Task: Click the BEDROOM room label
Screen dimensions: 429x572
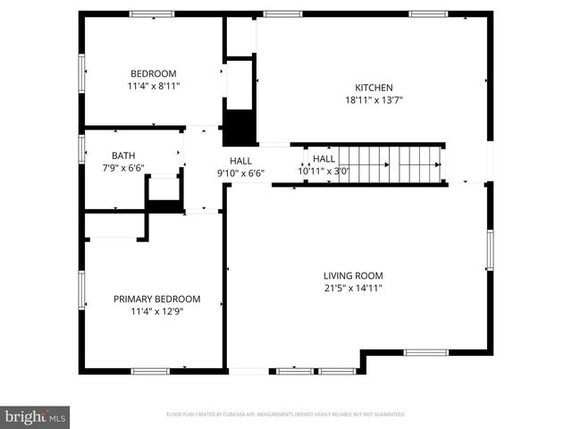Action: (x=153, y=73)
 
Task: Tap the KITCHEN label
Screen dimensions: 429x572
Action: (x=374, y=88)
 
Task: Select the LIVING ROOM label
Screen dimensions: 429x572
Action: (x=353, y=275)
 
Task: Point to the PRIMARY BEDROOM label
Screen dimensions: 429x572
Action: (x=156, y=299)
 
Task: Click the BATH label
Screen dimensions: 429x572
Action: (x=123, y=156)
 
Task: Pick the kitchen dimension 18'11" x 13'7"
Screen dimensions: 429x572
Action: (x=374, y=101)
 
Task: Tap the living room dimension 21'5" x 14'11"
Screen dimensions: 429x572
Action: (x=353, y=288)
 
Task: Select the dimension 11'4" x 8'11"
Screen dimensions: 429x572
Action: (x=153, y=87)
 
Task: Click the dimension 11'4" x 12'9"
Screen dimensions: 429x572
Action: (x=156, y=311)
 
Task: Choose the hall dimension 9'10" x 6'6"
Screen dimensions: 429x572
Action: (x=240, y=172)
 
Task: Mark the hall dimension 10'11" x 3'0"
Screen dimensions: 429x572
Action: (x=324, y=171)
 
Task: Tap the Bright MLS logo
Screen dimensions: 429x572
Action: (x=36, y=416)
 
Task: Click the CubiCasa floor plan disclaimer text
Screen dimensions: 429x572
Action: (x=286, y=415)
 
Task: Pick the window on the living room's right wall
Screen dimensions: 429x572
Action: (x=490, y=248)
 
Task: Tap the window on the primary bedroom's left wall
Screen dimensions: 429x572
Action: (x=81, y=290)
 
